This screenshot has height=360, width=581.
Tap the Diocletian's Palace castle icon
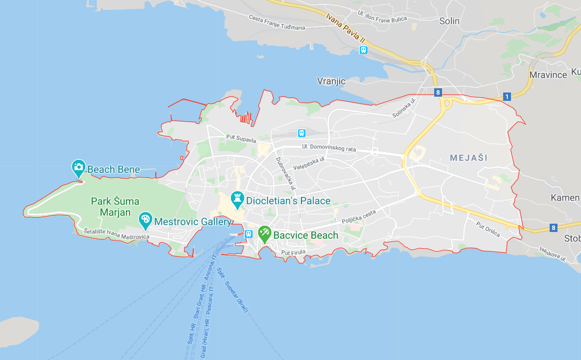238,199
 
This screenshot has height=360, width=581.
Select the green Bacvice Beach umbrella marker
264,234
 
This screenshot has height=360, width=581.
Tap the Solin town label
449,21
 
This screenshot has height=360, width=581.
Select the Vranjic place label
331,81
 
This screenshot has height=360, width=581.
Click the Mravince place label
548,75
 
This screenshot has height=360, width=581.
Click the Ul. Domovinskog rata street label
329,149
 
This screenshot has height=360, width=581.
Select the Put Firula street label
293,252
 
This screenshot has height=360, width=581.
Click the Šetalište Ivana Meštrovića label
117,234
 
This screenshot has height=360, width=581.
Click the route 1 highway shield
506,97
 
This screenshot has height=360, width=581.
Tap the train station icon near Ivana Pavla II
363,50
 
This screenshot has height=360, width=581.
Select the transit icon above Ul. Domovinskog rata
301,133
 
